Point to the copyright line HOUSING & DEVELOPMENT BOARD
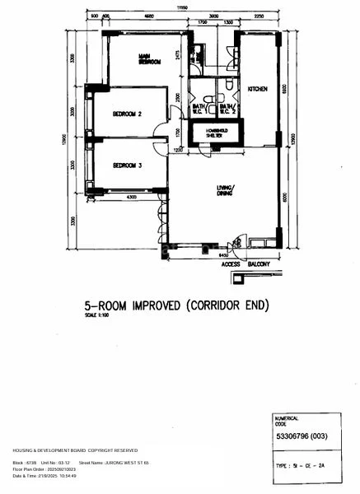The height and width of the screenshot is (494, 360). point(75,450)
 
